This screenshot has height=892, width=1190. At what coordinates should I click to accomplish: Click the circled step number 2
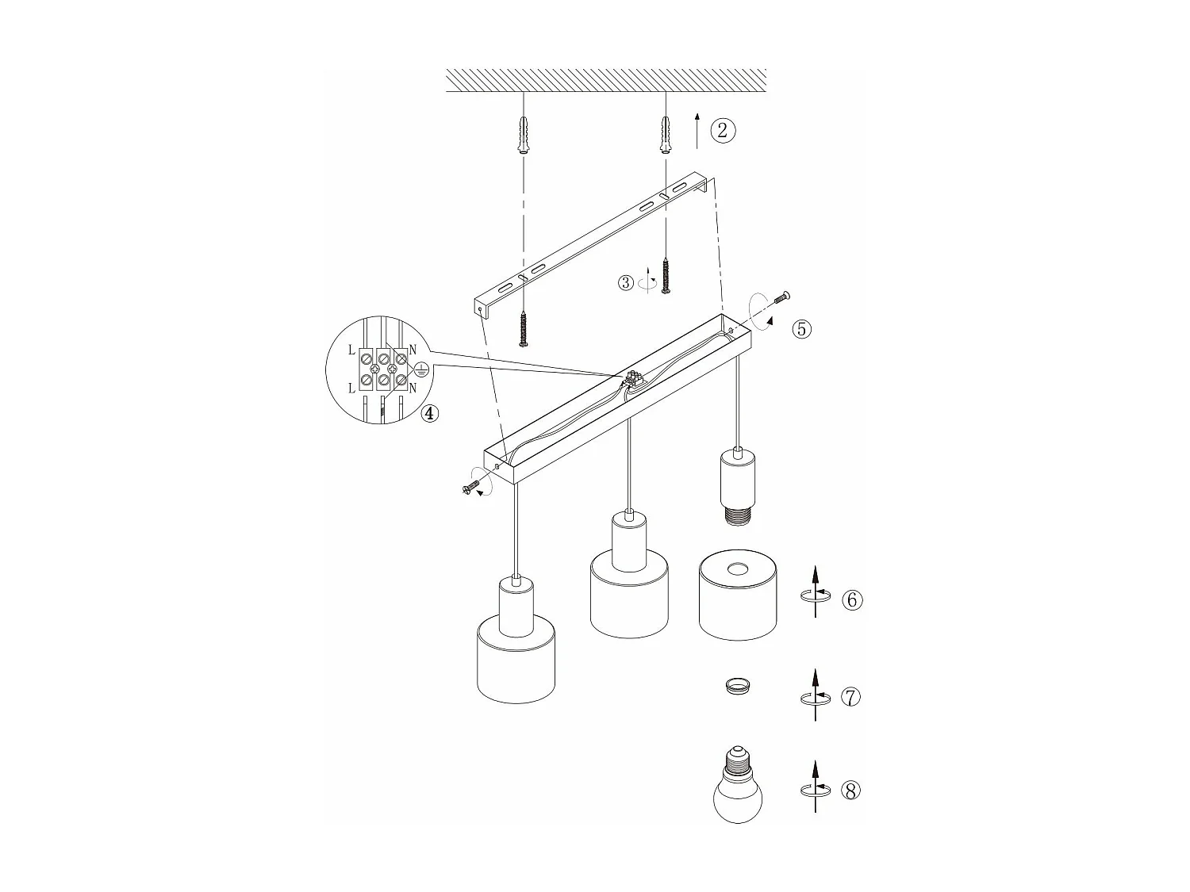tap(722, 130)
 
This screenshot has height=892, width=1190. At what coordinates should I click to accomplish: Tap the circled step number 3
tap(626, 282)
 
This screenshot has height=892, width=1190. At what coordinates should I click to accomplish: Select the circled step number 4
tap(429, 413)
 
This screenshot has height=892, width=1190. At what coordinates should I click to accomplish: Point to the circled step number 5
tap(802, 328)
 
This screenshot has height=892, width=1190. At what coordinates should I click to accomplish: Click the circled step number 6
tap(852, 599)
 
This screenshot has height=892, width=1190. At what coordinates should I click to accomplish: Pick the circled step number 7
tap(850, 698)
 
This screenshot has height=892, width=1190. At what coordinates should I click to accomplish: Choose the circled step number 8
tap(850, 791)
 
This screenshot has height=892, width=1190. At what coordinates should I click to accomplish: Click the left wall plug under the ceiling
tap(523, 136)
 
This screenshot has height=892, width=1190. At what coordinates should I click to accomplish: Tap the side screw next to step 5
tap(781, 298)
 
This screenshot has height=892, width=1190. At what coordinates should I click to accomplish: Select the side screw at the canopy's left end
tap(470, 489)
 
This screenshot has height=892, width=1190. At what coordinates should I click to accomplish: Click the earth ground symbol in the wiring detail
tap(421, 369)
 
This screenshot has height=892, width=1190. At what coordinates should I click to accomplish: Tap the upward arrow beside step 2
tap(697, 131)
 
